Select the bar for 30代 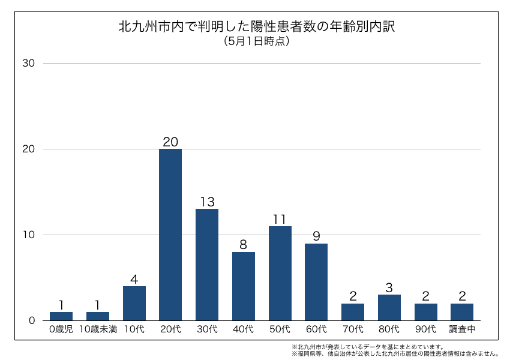(207, 264)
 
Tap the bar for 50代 (280, 273)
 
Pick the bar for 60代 (316, 281)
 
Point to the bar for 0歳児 (61, 316)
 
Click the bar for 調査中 (462, 311)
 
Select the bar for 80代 (389, 307)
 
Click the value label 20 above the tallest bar (170, 142)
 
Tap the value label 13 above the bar (207, 202)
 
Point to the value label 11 (280, 219)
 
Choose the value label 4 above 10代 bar (134, 279)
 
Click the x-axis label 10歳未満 (97, 329)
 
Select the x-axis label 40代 (244, 329)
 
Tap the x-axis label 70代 (353, 329)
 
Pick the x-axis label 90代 (425, 329)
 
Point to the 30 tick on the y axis (29, 63)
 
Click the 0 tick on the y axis (32, 320)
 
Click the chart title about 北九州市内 (256, 27)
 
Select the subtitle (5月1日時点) (256, 41)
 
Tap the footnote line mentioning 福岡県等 (395, 353)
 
